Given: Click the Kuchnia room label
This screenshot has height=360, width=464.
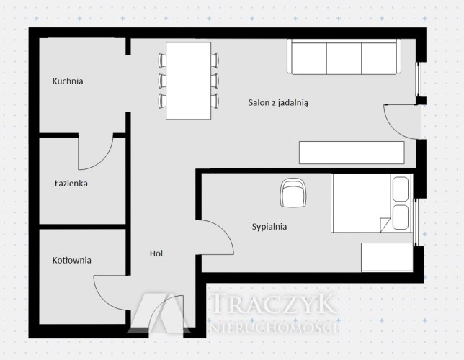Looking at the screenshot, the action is [68, 81].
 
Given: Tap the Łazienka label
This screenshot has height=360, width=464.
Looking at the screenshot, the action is [71, 184].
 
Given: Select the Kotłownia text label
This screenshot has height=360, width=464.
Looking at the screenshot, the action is [71, 261].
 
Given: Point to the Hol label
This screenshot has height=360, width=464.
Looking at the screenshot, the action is [156, 253].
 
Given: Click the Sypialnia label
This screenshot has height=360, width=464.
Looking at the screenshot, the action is [269, 227].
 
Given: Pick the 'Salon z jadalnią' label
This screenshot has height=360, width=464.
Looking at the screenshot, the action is [278, 103].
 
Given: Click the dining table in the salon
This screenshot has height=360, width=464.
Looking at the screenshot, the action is [189, 81].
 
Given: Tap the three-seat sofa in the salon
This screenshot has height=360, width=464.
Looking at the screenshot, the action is [344, 57].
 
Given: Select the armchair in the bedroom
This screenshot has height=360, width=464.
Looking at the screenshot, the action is [293, 193].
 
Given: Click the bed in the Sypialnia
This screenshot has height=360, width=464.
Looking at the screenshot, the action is [371, 203].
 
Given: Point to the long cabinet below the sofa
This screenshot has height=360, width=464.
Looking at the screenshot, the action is [352, 153].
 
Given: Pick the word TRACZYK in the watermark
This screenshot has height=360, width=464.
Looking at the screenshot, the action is [274, 303].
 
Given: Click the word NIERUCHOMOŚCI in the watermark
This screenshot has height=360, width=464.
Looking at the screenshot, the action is [274, 327].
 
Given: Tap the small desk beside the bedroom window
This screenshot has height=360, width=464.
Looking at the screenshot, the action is [387, 257].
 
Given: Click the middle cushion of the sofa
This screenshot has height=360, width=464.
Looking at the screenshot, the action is [344, 58].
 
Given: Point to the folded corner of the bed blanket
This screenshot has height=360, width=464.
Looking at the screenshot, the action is [384, 225].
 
